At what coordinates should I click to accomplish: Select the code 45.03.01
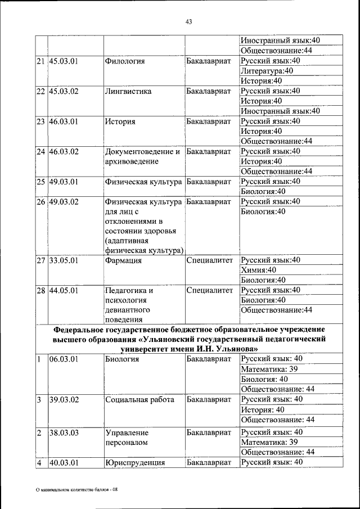click(64, 61)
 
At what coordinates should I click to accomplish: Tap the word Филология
click(123, 61)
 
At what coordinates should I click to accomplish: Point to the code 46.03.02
click(64, 151)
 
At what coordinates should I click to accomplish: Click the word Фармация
click(122, 260)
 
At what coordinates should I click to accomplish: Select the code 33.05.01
click(64, 260)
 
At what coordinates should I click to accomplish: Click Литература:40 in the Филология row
click(267, 71)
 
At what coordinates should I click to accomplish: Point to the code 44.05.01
click(64, 291)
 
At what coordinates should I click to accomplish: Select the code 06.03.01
click(64, 359)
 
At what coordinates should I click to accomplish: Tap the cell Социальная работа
click(139, 399)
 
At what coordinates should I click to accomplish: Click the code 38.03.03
click(64, 433)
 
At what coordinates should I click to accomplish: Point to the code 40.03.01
click(64, 463)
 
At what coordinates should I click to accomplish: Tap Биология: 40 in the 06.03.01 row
click(264, 379)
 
